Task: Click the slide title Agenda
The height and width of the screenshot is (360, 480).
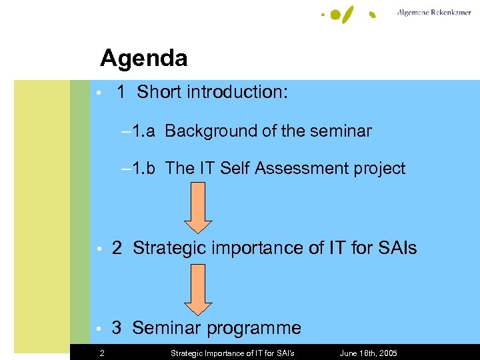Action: pos(143,59)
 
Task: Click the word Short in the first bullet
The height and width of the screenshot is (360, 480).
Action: pos(160,92)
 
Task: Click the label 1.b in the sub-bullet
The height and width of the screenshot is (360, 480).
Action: pos(143,169)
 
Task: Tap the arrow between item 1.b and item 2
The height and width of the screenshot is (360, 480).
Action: pos(198,207)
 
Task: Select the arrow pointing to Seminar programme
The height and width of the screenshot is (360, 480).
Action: pos(198,289)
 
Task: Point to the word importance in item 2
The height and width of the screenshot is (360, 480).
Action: pos(257,249)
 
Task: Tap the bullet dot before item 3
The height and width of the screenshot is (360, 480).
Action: pos(97,329)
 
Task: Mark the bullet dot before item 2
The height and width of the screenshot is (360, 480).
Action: pos(97,249)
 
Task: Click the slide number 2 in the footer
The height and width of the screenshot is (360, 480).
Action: pos(101,353)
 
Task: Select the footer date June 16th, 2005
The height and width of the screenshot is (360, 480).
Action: pos(368,353)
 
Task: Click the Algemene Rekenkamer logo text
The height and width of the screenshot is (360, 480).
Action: pos(433,13)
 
